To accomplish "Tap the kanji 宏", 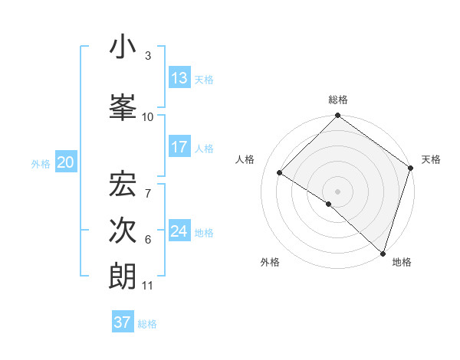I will coord(123,183).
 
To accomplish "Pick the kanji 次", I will coord(123,229).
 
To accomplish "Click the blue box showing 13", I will coord(179,78).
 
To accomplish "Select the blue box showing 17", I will coord(179,147).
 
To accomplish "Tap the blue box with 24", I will coord(179,231).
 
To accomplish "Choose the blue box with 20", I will coord(66,162).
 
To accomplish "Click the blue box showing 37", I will coord(123,322).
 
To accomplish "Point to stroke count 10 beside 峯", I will coord(148,117).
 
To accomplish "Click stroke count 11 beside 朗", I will coord(148,286).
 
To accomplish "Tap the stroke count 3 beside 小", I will coord(148,56).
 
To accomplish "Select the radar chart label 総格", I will coord(337,100).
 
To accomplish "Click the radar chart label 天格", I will coord(431,159).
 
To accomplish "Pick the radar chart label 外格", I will coord(270,262).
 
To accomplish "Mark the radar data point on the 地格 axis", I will coord(383,253).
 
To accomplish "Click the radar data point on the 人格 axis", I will coord(280,172).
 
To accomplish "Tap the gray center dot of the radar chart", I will coord(337,191).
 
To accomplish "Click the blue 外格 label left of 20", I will coord(41,163).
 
